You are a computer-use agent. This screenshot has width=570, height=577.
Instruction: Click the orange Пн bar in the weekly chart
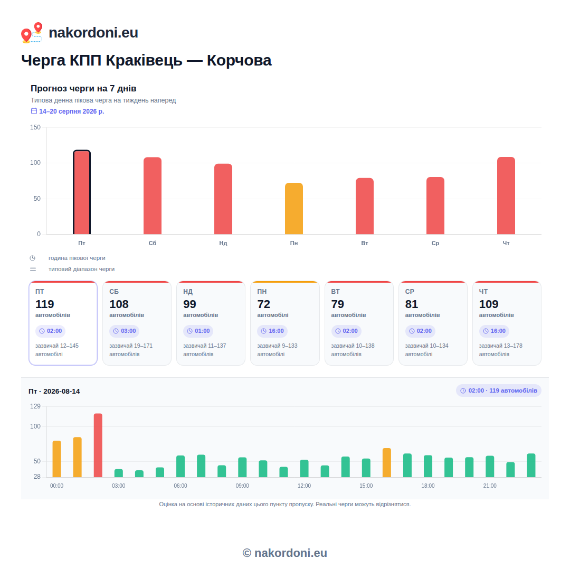point(293,208)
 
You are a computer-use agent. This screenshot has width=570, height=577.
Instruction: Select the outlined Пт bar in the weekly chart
point(82,192)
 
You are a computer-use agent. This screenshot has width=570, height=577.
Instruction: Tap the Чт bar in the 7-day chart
point(506,196)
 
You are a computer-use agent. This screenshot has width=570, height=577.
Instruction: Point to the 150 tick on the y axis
point(35,127)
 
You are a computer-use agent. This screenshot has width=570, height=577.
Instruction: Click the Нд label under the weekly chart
point(223,243)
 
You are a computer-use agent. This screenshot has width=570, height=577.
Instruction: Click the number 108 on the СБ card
point(119,304)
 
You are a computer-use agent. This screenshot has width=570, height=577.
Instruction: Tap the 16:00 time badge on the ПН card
point(272,331)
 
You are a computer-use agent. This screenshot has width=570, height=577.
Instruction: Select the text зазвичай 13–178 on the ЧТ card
point(500,346)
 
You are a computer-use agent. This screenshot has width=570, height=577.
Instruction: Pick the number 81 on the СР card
point(412,304)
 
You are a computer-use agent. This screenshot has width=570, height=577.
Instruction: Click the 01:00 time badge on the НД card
point(198,331)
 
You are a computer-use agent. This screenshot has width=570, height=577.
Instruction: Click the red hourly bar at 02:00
point(98,445)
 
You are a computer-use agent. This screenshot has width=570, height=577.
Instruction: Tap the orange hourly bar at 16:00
point(387,462)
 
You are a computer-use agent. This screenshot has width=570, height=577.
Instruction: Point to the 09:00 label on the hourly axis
point(242,486)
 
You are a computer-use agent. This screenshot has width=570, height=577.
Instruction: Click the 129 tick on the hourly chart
point(35,406)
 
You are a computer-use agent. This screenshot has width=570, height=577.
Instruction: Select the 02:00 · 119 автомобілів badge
point(499,390)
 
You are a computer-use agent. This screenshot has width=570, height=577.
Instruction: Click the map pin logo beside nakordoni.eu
point(32,33)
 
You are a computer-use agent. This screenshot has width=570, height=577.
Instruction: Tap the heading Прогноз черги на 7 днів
point(83,88)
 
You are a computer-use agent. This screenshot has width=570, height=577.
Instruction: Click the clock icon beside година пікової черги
point(33,258)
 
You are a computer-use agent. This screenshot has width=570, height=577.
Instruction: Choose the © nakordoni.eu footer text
point(285,553)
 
